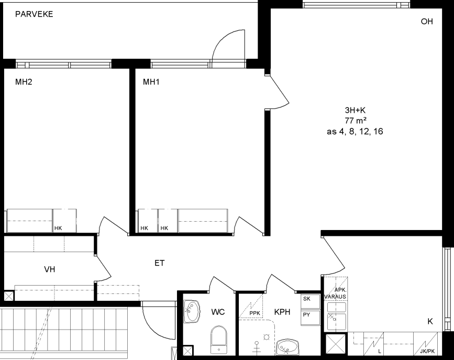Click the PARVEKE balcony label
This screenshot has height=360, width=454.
point(34,14)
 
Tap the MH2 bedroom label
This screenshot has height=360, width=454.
point(24,82)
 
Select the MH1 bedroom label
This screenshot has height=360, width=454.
point(151,82)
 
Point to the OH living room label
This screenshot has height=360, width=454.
point(427,21)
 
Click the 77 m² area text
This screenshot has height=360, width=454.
point(355,121)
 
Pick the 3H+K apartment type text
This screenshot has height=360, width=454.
point(355,110)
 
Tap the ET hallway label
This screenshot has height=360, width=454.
point(160,263)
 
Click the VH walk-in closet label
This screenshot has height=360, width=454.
point(50,269)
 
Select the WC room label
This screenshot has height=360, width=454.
point(218,312)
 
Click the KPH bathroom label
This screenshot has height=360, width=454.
point(282,312)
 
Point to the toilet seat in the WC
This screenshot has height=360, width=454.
point(219,340)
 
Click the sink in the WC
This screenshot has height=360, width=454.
point(192,311)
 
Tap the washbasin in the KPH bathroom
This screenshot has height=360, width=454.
point(287,347)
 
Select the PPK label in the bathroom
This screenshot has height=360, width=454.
point(255,313)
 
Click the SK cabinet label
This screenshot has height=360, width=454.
point(307,299)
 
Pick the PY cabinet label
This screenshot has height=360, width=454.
point(307,314)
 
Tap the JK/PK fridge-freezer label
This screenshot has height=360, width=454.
point(427,351)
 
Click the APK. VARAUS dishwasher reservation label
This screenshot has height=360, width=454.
point(335,293)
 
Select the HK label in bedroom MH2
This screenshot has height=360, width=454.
point(58,228)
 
